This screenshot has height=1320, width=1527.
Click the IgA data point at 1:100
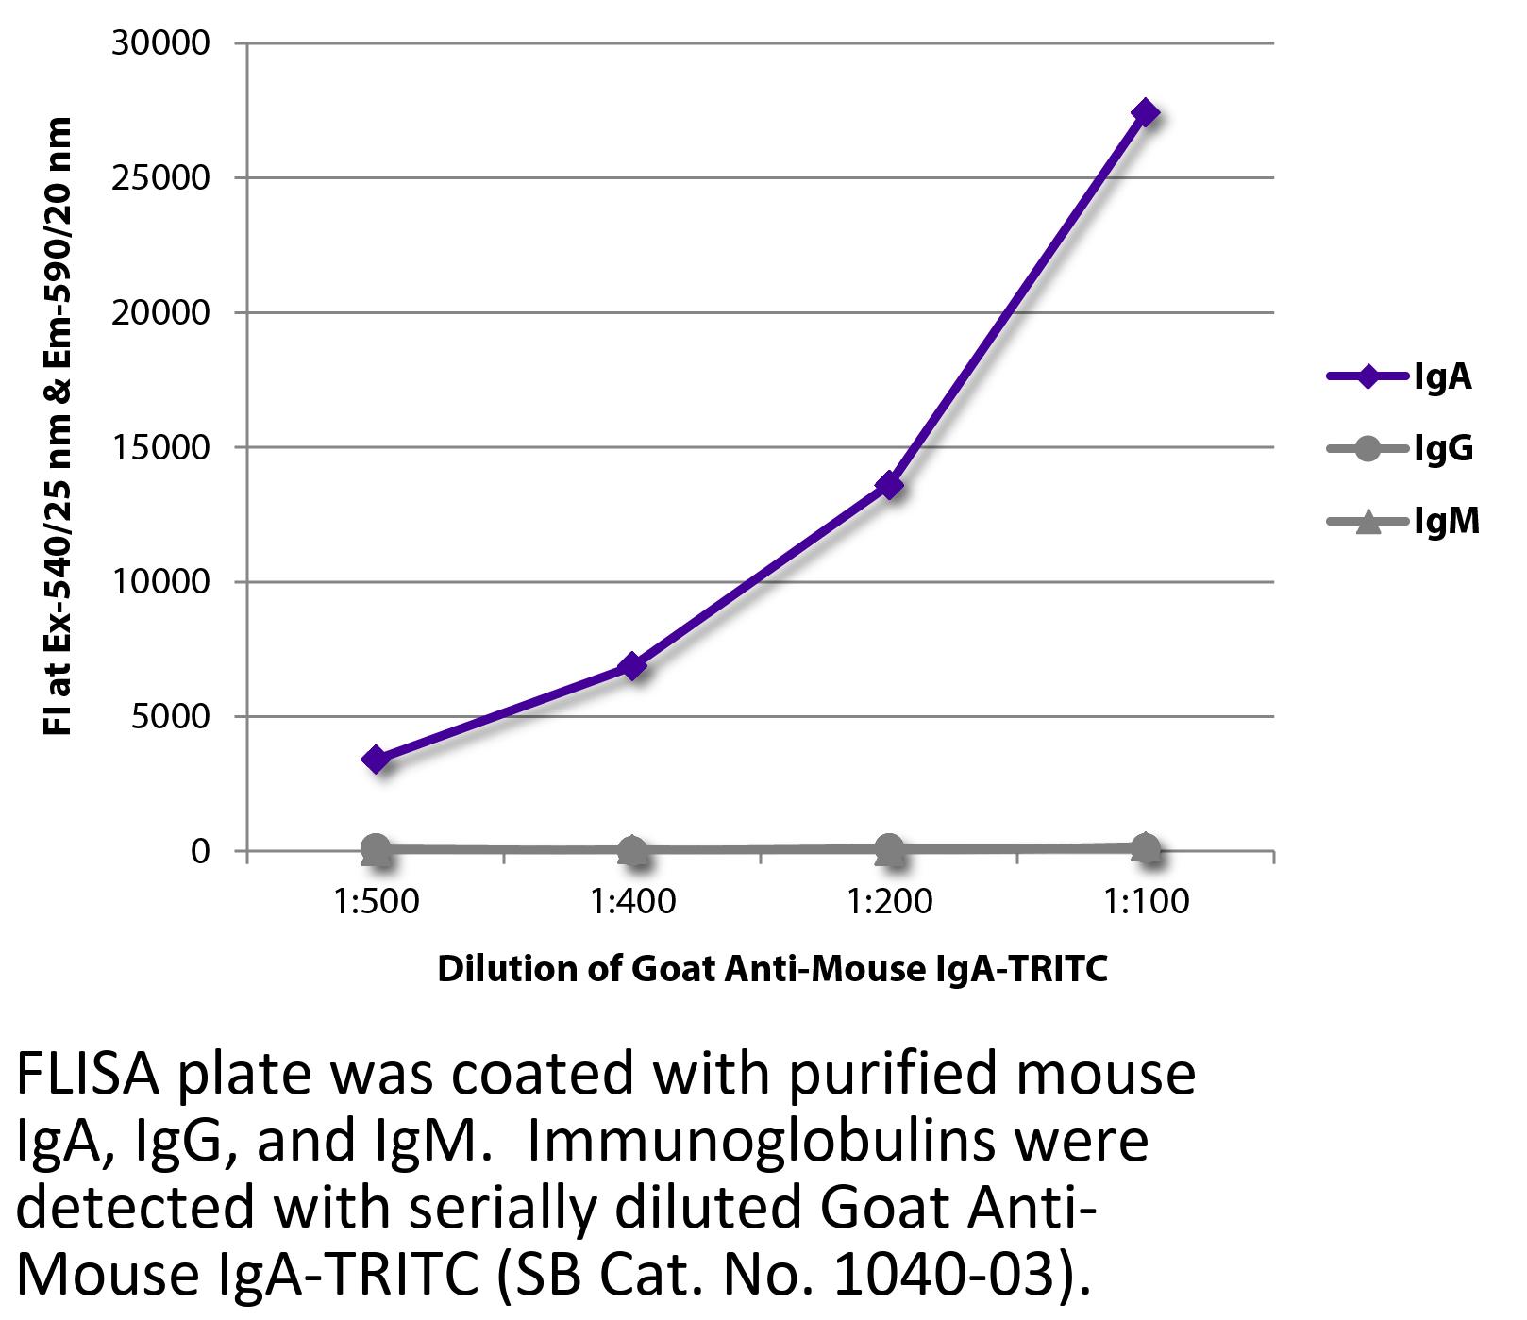1145,113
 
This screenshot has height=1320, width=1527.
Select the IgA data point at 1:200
889,486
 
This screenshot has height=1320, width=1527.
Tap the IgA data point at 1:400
632,667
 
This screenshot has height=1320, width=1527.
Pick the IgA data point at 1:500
376,760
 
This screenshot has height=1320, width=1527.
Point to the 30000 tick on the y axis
160,43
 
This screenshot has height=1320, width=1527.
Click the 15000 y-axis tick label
160,447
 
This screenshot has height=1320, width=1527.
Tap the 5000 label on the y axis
169,717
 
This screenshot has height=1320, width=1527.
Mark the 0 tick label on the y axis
199,851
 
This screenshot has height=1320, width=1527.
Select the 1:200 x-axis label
889,902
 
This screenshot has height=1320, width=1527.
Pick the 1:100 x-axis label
1146,902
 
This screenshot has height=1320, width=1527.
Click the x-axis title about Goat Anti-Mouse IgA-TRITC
771,969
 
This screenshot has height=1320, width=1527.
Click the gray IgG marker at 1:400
632,849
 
